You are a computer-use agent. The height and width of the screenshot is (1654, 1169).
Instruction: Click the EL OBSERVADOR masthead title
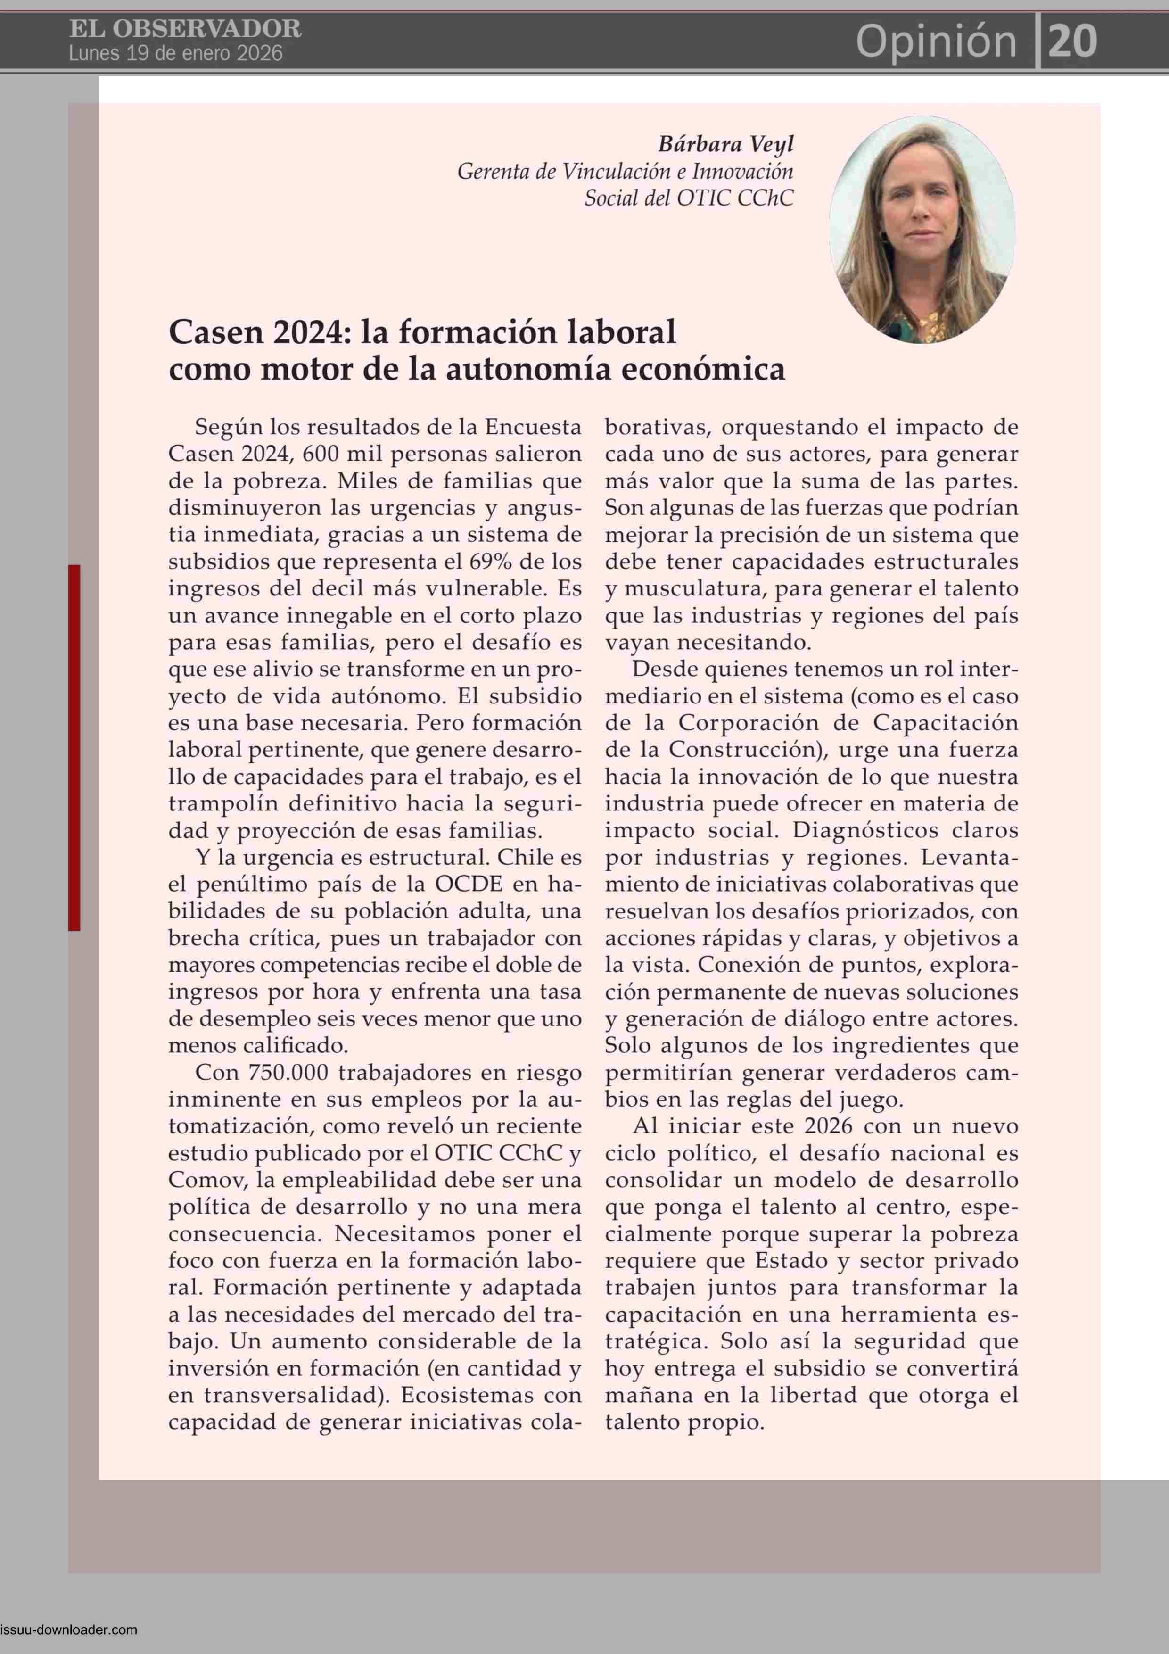tap(185, 29)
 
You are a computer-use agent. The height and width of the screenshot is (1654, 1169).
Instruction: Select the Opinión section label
tap(936, 41)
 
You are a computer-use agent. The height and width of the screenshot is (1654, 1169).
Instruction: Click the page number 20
tap(1072, 41)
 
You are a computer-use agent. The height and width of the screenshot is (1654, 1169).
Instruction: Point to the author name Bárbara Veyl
tap(725, 144)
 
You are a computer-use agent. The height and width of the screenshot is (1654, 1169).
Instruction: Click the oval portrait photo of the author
tap(922, 229)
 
